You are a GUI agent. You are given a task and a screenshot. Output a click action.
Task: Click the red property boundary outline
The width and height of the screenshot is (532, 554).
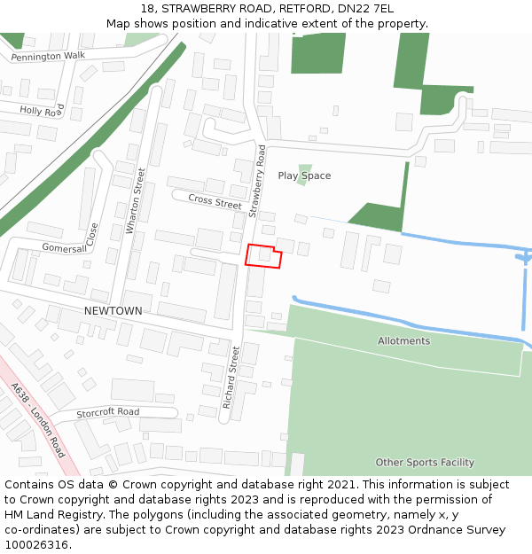(263, 255)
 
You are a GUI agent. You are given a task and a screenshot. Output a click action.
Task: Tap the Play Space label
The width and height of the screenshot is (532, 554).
(304, 176)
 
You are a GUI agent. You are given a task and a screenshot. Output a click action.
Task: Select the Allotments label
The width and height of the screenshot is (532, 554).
(403, 340)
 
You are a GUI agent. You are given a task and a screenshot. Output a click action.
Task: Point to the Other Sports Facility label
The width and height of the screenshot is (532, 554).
(425, 462)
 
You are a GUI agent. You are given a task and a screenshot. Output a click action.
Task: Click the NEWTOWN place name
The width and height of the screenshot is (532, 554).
(113, 311)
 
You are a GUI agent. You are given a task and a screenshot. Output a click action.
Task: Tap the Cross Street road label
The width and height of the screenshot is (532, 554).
(215, 201)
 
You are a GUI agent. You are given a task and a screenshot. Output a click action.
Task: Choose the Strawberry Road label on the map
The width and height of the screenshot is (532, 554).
(258, 182)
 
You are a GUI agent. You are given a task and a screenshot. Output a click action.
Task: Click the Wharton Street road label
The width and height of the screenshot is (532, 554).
(135, 201)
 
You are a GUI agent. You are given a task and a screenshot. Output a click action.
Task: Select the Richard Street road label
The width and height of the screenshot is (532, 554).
(231, 371)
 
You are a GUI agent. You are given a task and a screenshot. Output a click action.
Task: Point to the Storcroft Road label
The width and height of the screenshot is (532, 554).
(108, 412)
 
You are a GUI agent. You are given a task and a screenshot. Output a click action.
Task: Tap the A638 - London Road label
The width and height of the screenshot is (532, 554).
(38, 420)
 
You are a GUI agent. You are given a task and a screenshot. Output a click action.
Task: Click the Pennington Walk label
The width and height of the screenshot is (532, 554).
(48, 56)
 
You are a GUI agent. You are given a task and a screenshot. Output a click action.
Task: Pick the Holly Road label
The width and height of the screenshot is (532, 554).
(42, 111)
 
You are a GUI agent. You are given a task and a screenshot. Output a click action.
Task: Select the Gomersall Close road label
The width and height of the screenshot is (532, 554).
(71, 241)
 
